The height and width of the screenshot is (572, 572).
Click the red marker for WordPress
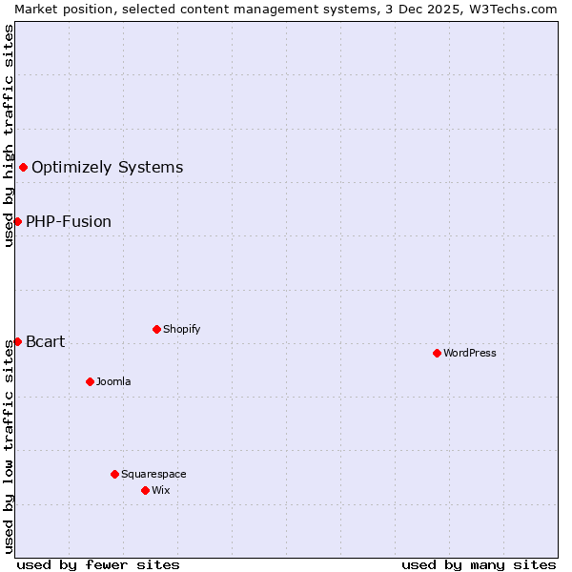pos(437,353)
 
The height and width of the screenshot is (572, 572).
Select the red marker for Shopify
pos(156,329)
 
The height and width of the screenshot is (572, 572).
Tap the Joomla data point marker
pos(90,381)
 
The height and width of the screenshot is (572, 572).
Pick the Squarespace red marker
pos(114,474)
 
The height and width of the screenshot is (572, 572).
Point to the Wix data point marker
pos(145,490)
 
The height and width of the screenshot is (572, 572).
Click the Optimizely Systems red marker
pos(23,168)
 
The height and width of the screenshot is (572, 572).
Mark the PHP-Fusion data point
pos(17,221)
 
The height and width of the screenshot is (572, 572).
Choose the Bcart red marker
pos(17,341)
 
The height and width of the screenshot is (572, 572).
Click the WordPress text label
pos(470,353)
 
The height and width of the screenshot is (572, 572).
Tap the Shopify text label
pos(182,329)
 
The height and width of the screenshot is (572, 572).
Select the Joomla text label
pos(113,381)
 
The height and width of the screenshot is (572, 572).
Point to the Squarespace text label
pos(153,474)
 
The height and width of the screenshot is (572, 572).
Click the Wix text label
pos(161,490)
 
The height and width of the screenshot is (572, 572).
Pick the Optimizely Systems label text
pos(107,168)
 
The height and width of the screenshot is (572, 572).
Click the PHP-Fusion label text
pos(69,222)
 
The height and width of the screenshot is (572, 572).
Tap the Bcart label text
pos(45,342)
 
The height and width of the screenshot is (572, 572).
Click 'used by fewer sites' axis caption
pos(98,564)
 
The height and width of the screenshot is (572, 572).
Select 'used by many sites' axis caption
pos(479,564)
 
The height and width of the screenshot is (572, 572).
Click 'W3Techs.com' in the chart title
pos(519,9)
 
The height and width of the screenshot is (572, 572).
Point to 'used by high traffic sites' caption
pos(9,135)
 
